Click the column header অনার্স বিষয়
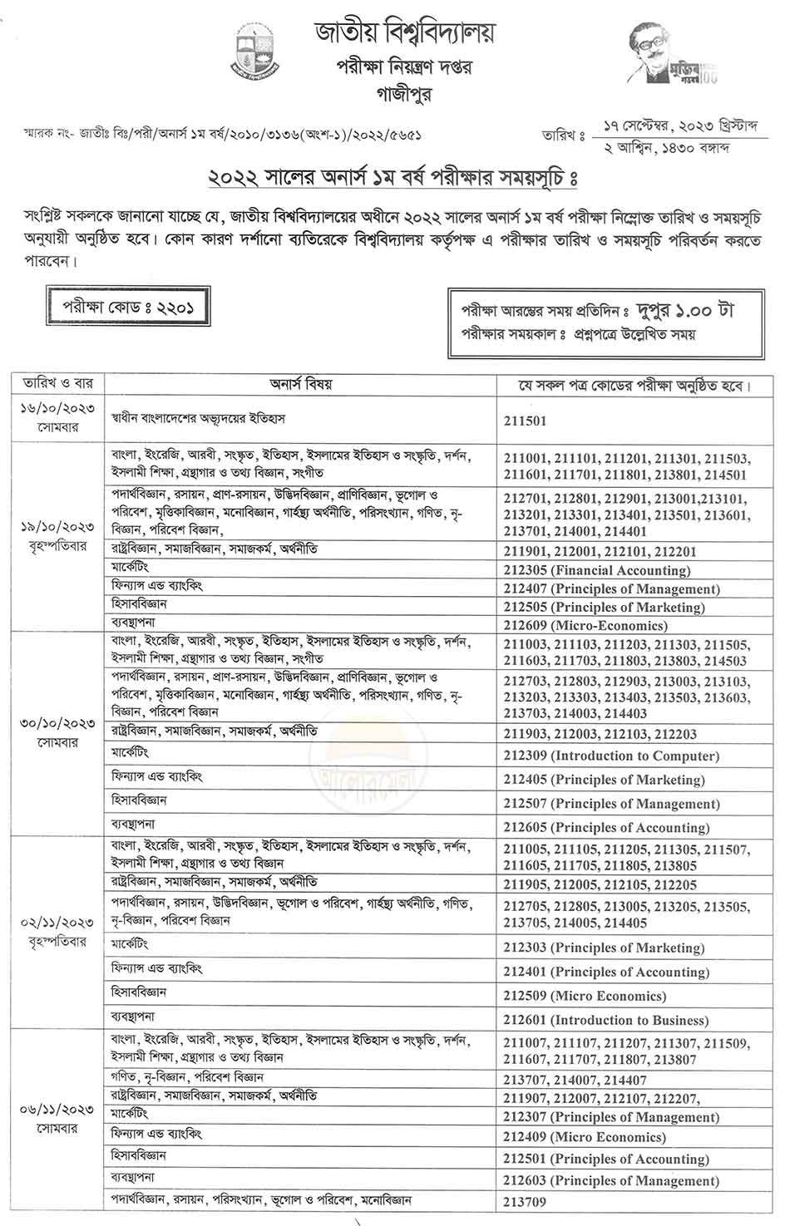300,385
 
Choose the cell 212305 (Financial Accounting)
596,570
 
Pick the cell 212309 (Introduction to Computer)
610,756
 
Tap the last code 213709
525,1201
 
